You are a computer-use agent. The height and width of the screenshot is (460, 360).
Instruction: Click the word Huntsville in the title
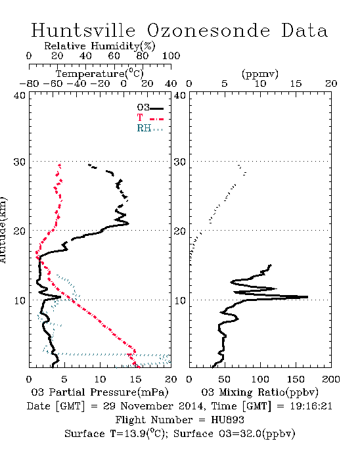coord(83,30)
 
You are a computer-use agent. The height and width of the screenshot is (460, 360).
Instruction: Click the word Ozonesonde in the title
coord(208,30)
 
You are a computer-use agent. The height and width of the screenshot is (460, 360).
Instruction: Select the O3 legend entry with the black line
coord(150,108)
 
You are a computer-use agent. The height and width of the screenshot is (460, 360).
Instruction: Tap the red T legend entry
coord(150,118)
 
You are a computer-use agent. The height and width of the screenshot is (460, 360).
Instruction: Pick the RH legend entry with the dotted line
coord(150,128)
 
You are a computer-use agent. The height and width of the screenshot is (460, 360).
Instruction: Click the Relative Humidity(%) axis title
coord(100,46)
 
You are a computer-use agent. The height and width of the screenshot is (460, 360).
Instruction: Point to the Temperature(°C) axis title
coord(100,74)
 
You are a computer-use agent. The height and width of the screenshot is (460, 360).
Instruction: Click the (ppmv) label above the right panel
coord(260,74)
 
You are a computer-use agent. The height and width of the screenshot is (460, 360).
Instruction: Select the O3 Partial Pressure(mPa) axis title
coord(100,392)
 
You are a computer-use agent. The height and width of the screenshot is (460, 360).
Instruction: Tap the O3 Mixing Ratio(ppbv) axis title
coord(259,392)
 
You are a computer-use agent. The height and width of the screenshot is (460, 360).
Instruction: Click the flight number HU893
coord(227,420)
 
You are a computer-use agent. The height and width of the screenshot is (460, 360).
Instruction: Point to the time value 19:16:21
coord(311,406)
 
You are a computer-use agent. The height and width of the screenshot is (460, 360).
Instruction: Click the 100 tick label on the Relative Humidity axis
coord(171,56)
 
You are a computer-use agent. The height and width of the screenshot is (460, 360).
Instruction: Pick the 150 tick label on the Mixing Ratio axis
coord(296,379)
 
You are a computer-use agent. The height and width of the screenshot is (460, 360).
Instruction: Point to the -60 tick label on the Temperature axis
coord(53,84)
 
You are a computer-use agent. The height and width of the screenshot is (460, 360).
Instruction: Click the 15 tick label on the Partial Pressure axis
coord(135,379)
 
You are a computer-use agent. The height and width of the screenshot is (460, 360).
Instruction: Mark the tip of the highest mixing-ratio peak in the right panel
coord(308,297)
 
